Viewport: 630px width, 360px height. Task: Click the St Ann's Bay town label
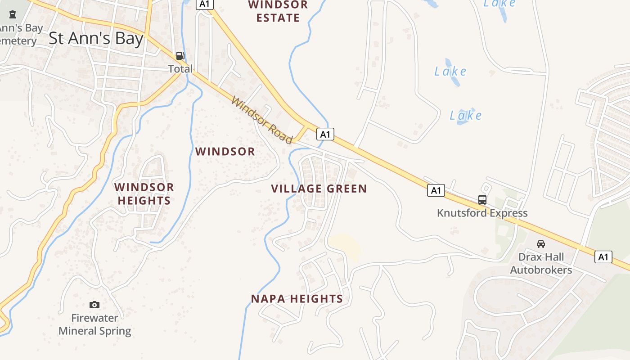[95, 39]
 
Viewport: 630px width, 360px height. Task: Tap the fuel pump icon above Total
[180, 56]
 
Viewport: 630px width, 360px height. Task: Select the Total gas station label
[180, 69]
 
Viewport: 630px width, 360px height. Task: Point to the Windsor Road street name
[262, 120]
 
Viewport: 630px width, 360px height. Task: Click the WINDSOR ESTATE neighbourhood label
[278, 11]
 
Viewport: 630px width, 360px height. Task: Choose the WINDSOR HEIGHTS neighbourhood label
[144, 194]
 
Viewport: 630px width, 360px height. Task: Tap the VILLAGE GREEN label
[319, 189]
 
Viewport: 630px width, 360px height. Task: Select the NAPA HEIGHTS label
[297, 299]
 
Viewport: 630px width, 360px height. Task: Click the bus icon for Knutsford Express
[482, 200]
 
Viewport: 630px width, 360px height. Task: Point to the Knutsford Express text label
[482, 213]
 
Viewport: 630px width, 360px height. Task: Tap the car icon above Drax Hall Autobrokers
[541, 244]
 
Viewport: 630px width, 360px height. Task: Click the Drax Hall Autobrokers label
[541, 264]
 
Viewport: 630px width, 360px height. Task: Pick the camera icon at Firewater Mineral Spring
[94, 305]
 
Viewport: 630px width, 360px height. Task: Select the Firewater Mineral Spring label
[94, 324]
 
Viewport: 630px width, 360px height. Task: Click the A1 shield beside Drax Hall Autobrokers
[603, 257]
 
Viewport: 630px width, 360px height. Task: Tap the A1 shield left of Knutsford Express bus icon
[436, 190]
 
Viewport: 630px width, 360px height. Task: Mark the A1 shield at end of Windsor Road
[325, 134]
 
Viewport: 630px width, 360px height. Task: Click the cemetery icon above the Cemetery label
[12, 14]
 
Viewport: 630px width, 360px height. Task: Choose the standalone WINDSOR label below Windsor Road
[225, 152]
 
